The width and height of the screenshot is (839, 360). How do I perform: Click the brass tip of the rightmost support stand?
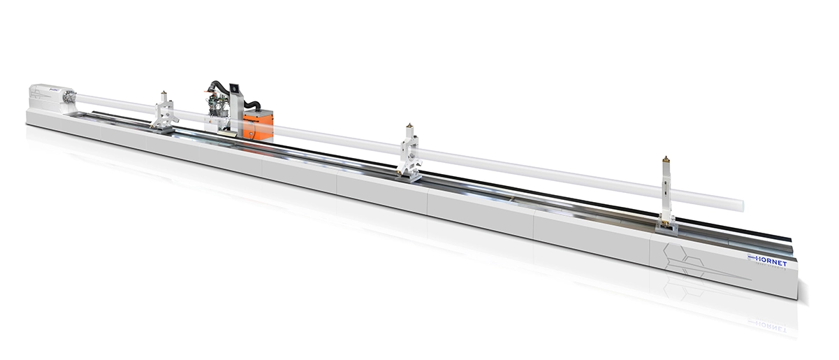pos(666,161)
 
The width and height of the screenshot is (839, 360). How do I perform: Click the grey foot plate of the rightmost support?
pos(667,224)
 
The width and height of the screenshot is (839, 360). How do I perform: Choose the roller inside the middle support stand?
pos(409,150)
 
